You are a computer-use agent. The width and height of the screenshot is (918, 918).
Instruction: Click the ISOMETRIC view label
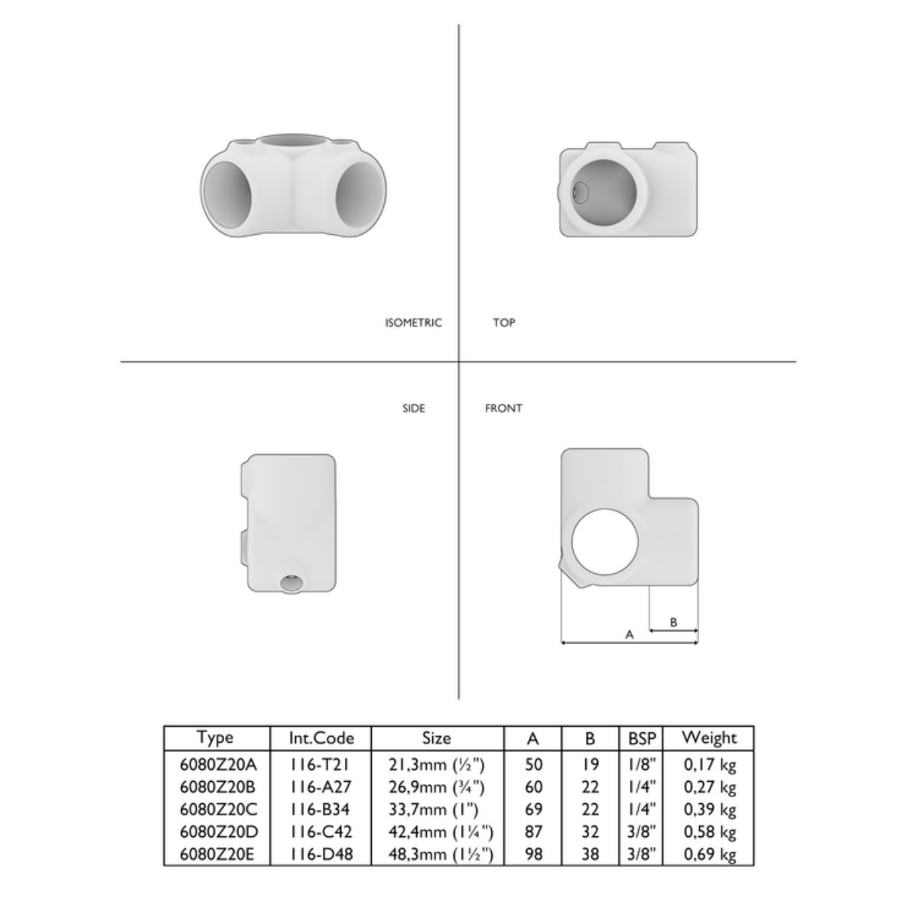pos(414,323)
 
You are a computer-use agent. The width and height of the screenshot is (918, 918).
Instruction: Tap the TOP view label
pos(504,323)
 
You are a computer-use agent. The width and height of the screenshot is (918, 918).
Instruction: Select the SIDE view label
pos(414,409)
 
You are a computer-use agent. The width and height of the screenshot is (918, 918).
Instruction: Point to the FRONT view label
pos(503,409)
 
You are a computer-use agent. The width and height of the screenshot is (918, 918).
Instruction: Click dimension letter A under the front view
pos(630,634)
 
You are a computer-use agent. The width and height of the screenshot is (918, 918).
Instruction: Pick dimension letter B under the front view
pos(673,622)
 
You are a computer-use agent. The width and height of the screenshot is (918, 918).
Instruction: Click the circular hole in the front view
pos(604,542)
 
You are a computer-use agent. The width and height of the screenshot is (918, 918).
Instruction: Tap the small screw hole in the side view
pos(290,582)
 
